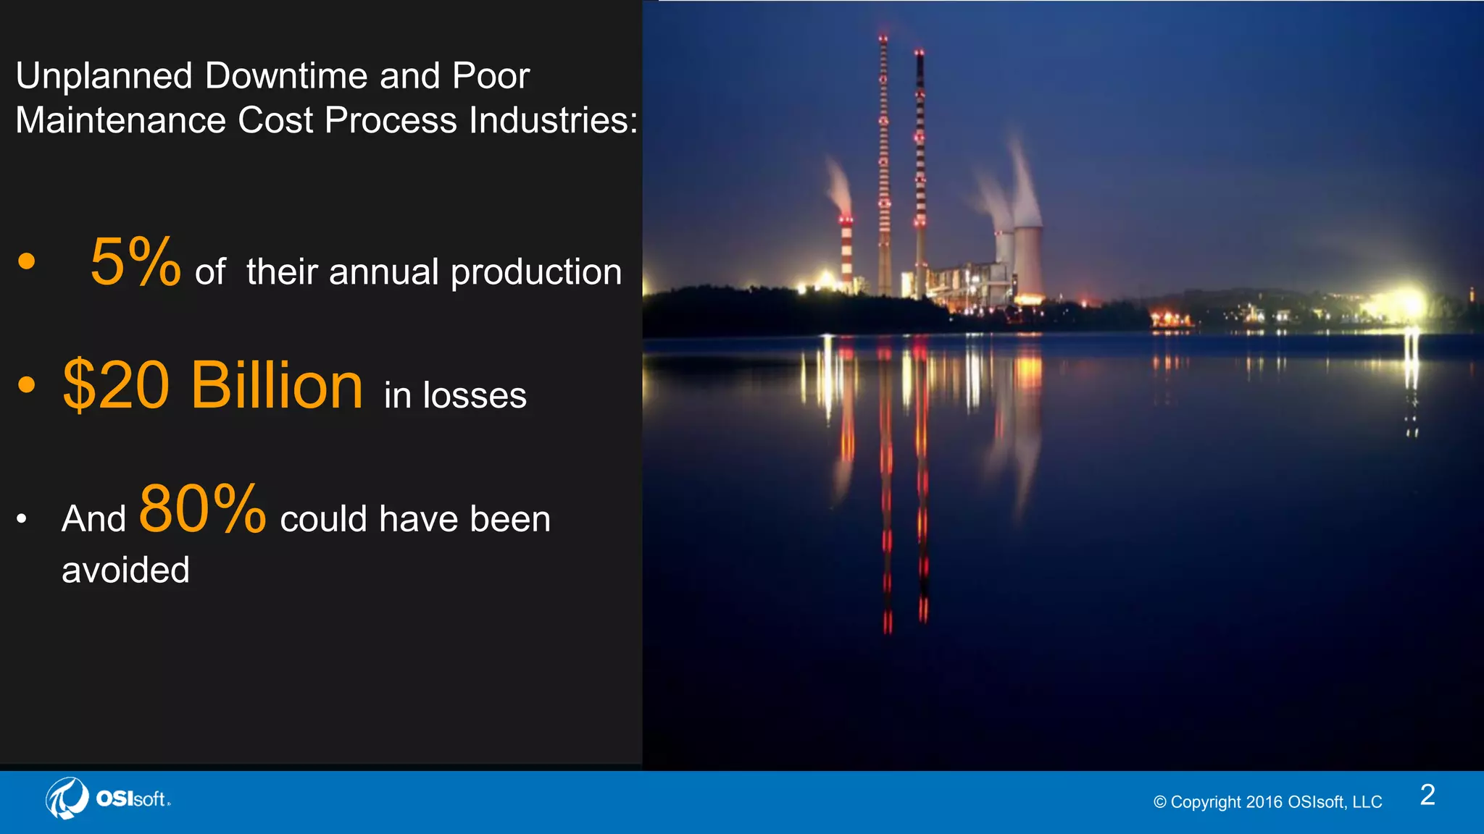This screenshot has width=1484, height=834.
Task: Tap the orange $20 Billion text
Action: coord(212,386)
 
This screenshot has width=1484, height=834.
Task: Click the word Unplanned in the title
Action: coord(104,76)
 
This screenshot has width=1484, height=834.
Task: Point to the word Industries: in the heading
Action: coord(553,120)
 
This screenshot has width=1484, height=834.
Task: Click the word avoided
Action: coord(125,570)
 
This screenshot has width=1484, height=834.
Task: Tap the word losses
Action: coord(475,395)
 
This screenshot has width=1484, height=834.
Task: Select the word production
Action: coord(535,273)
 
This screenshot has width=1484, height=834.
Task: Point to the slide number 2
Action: coord(1427,795)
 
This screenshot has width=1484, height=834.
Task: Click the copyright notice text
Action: coord(1267,802)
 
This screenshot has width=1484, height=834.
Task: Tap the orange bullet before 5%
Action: coord(27,261)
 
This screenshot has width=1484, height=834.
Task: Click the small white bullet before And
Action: coord(22,518)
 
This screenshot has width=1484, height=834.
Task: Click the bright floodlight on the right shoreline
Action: coord(1410,304)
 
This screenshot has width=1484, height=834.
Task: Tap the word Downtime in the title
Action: coord(286,76)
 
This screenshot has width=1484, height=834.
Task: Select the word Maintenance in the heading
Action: coord(120,120)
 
